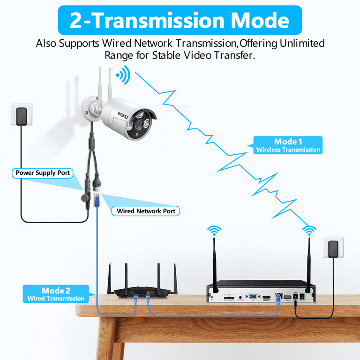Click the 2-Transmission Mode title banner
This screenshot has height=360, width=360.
pos(180,21)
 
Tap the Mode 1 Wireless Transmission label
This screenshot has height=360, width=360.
pos(288,145)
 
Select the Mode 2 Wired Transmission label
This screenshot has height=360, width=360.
pos(56,294)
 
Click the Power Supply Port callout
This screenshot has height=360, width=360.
pos(43,173)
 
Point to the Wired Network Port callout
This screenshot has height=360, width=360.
pos(146,211)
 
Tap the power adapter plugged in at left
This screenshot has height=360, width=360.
pos(21,115)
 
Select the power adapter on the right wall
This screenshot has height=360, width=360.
pos(333,248)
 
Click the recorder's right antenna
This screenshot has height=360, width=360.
pos(309,263)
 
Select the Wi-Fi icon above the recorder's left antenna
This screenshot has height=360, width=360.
pos(214,230)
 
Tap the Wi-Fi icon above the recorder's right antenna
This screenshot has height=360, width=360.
pos(308,230)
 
